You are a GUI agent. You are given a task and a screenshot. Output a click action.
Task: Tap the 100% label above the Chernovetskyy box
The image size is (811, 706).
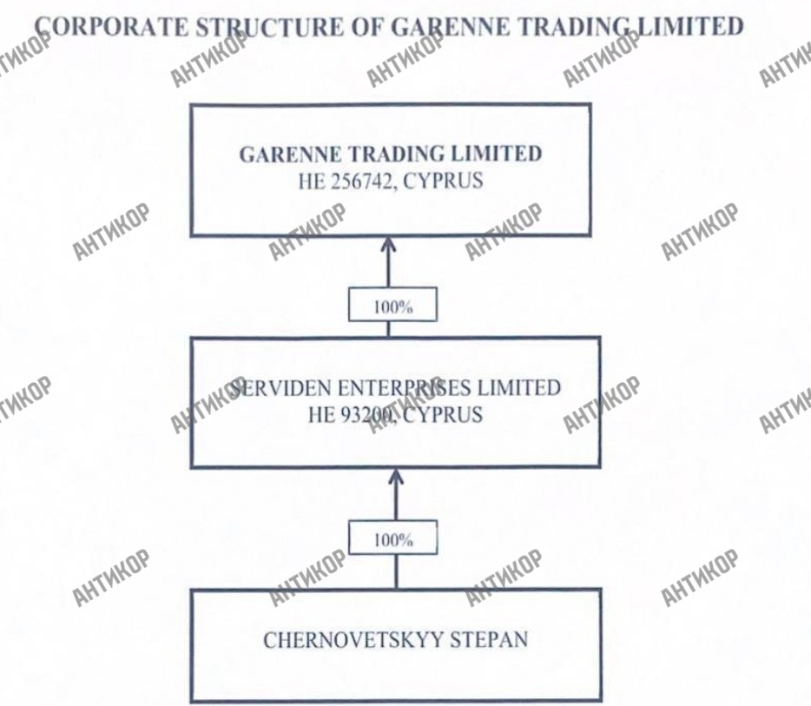(x=393, y=539)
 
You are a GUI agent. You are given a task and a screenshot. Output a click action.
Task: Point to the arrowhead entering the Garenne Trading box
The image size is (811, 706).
(x=388, y=247)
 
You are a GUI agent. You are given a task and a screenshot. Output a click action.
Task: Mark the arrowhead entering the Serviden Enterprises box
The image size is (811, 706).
(x=396, y=478)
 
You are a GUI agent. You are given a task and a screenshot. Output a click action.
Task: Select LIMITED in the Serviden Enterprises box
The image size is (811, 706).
(x=516, y=387)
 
